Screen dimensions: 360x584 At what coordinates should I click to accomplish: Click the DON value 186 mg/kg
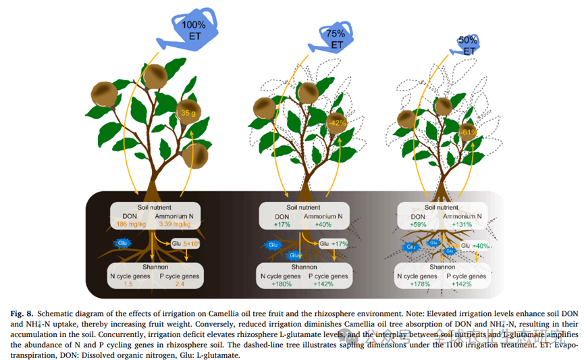point(131,224)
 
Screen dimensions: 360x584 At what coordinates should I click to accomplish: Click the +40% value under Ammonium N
point(325,224)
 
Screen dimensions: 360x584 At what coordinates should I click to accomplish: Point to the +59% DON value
point(419,225)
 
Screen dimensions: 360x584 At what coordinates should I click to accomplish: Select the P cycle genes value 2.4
point(177,284)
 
